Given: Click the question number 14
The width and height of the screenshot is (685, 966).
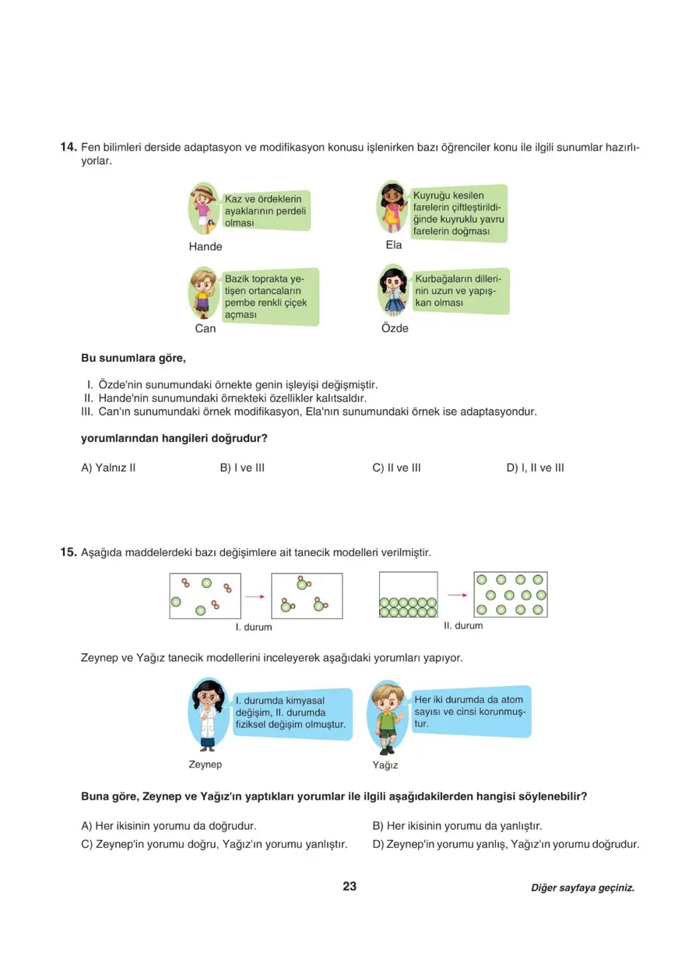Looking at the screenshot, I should [68, 148].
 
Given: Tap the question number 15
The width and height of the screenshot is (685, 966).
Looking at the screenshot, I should [68, 553].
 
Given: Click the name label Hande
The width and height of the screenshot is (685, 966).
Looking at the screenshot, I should [205, 247].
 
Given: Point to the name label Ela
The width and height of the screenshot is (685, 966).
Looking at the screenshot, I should [394, 245].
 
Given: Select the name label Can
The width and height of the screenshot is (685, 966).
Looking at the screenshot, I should [205, 328].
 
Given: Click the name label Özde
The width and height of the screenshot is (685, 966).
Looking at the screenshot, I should [395, 328].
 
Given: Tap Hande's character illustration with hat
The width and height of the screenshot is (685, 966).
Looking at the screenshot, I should [204, 208].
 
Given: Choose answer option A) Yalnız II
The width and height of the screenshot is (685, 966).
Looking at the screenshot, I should [109, 468].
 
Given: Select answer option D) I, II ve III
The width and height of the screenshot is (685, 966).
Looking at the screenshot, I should [535, 468].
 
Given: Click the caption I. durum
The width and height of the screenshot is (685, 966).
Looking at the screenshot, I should [254, 627].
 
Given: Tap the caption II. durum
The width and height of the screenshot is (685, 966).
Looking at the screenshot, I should [463, 625].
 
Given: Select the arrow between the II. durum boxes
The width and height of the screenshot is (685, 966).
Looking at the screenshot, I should [457, 595].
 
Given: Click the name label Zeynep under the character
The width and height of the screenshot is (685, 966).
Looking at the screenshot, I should [205, 765].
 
